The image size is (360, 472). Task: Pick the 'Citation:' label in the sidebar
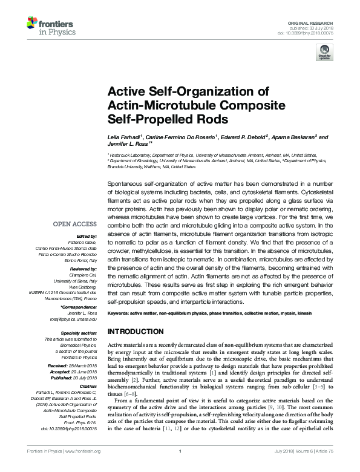pyautogui.click(x=88, y=385)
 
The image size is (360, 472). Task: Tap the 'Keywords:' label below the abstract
pyautogui.click(x=119, y=313)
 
